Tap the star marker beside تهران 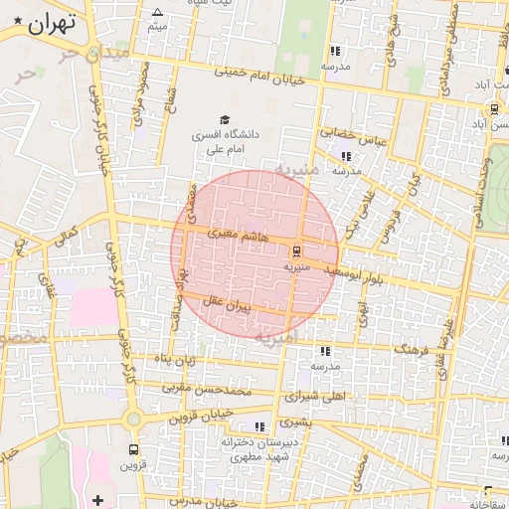(18, 22)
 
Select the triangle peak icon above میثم (157, 13)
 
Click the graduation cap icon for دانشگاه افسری (225, 119)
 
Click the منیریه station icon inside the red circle (297, 251)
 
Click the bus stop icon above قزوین (133, 448)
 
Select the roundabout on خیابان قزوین (133, 422)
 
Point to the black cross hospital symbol (97, 499)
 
